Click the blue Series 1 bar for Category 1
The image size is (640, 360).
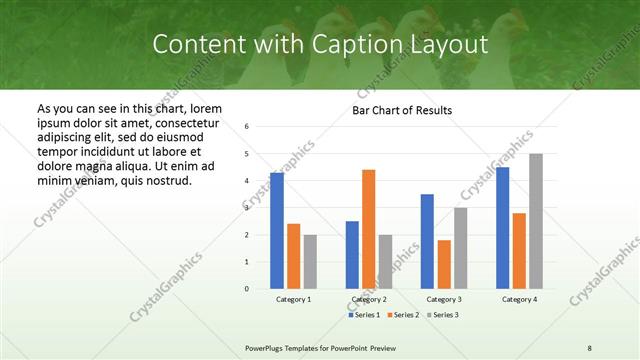277,231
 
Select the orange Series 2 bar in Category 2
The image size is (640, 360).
368,229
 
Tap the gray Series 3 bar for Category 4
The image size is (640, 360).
536,221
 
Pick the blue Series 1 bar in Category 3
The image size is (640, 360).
427,241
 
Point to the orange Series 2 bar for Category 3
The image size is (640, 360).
444,264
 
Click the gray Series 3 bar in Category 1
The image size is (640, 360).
310,262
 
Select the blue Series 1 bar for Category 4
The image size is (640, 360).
502,228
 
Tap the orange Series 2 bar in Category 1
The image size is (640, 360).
293,256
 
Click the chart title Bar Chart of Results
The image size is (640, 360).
401,110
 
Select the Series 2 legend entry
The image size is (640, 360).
404,315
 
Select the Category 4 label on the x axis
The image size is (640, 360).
519,299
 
